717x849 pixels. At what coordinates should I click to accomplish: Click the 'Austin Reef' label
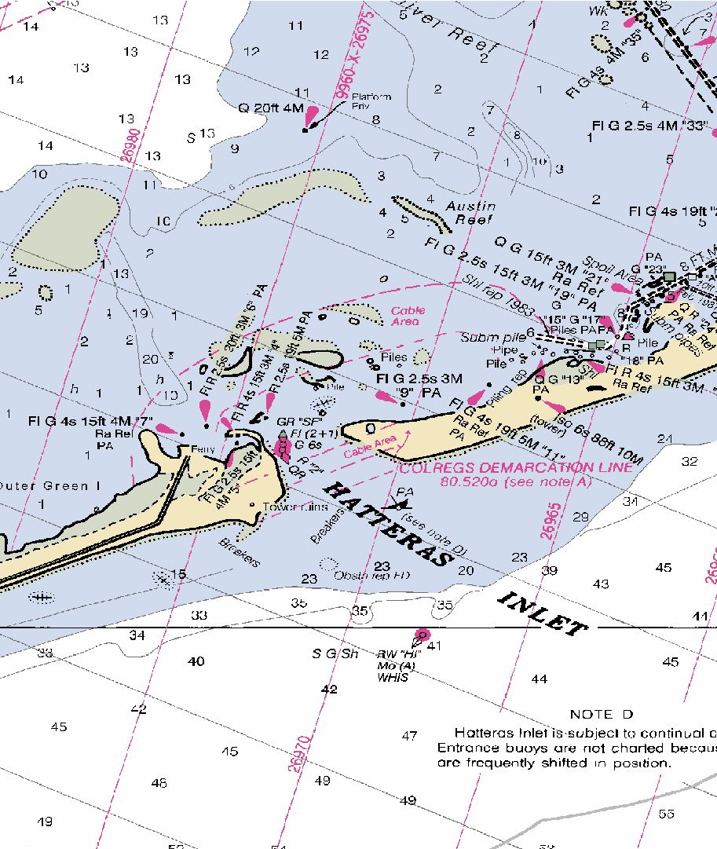point(470,213)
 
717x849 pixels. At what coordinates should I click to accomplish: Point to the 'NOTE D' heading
point(602,714)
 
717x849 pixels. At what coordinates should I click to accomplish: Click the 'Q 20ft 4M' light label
point(271,108)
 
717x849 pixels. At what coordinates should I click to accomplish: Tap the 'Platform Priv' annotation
point(371,101)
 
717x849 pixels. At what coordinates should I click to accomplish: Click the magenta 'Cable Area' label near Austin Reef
point(408,316)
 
